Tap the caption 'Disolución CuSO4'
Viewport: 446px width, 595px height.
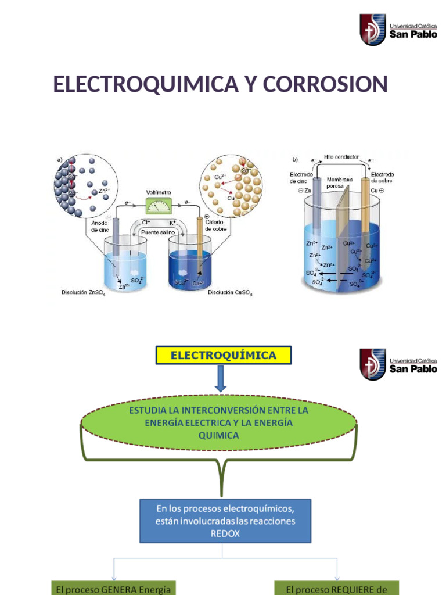(x=230, y=292)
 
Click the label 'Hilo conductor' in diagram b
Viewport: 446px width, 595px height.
(x=341, y=157)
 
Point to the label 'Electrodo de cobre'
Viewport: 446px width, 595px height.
(x=382, y=177)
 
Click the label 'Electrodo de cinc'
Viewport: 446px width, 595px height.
(x=302, y=177)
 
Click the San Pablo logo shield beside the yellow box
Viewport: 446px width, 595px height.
(x=373, y=364)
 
